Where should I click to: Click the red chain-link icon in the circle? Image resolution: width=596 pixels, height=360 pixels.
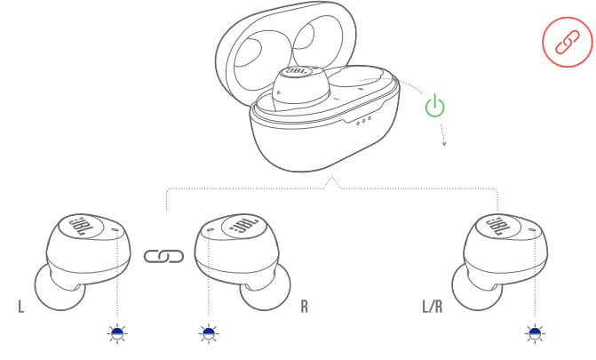[x=567, y=42]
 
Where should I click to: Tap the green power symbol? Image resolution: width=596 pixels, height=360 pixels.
[x=435, y=106]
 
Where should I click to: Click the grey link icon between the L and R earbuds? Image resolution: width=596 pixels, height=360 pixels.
[x=163, y=256]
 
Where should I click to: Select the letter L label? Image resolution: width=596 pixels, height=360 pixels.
[x=21, y=307]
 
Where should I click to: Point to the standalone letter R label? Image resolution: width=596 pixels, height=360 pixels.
[x=304, y=307]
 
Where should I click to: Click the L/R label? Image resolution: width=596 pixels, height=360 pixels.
[x=433, y=307]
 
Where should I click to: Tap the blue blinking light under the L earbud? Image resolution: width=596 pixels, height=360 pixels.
[x=117, y=333]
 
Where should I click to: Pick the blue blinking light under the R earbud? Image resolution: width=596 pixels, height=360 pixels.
[x=209, y=333]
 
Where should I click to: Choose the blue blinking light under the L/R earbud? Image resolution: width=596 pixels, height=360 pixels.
[x=535, y=333]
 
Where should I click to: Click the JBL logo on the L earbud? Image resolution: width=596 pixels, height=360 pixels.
[x=81, y=226]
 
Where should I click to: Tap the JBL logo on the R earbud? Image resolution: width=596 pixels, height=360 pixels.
[x=243, y=226]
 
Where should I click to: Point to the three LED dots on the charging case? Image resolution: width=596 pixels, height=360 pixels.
[x=363, y=121]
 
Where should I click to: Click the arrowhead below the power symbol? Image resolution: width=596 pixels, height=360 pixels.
[x=444, y=144]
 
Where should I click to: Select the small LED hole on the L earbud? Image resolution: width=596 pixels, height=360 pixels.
[x=116, y=229]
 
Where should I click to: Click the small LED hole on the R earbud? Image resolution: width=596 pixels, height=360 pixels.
[x=209, y=229]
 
